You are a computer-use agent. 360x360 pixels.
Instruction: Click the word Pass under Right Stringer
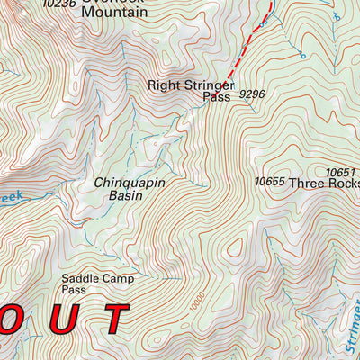tap(217, 97)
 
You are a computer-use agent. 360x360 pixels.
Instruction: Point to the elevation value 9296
tap(253, 94)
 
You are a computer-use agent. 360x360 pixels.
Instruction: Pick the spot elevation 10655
tap(269, 182)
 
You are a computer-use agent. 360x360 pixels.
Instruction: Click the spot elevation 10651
tap(341, 172)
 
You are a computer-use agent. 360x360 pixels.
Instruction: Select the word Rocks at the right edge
tap(346, 183)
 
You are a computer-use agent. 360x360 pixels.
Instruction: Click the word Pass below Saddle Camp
tap(74, 292)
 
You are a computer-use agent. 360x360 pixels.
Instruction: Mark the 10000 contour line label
tap(198, 302)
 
